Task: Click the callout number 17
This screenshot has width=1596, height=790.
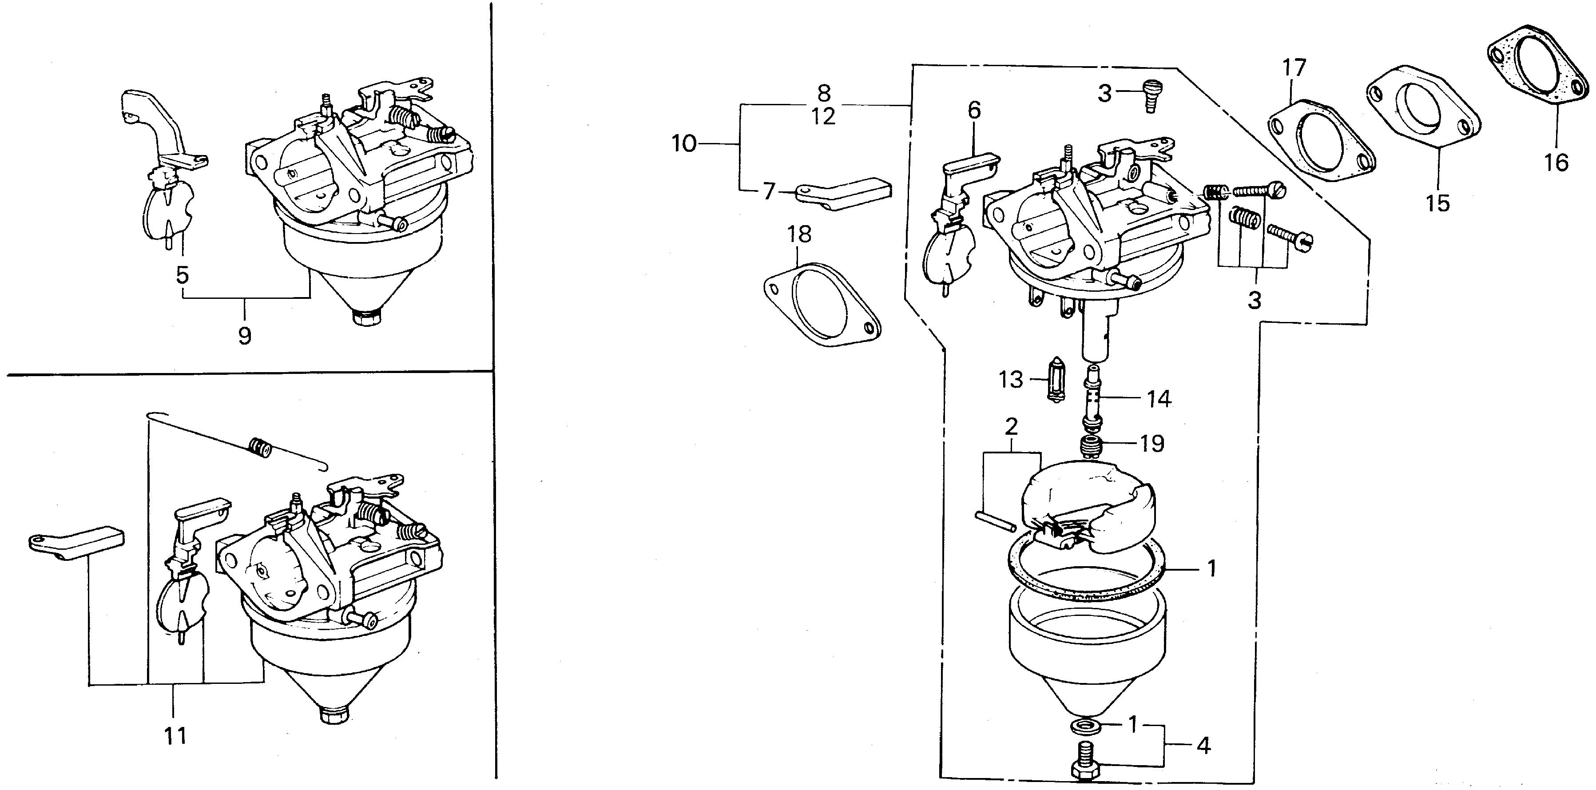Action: pos(1294,67)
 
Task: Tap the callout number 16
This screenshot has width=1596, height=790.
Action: pos(1556,163)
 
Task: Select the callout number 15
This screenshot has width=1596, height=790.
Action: pos(1437,202)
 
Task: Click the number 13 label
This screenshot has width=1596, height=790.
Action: pos(1011,379)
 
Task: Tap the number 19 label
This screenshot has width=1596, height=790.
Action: pos(1152,443)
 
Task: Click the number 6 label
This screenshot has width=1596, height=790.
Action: pos(974,111)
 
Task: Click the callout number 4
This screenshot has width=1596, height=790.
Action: pos(1203,746)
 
